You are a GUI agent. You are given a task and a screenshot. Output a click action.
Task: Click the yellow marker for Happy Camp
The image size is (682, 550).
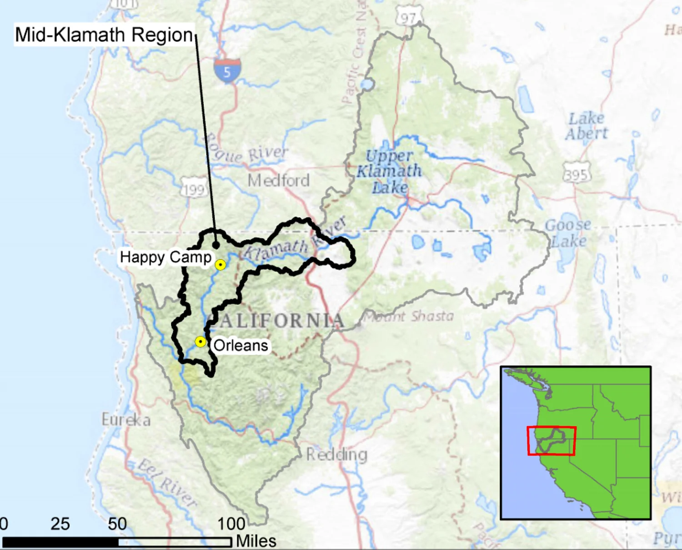(220, 265)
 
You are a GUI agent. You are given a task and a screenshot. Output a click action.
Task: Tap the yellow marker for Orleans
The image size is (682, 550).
(200, 342)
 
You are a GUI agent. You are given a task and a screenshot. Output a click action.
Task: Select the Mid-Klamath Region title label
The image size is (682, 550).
(104, 35)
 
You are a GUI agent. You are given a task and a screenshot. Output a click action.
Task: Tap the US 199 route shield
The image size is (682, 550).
(194, 189)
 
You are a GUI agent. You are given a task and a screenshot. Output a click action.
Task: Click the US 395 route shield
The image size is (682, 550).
(577, 174)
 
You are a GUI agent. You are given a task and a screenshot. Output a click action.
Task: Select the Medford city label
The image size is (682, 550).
(279, 181)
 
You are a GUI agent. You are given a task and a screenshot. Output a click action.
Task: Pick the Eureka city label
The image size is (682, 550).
(126, 420)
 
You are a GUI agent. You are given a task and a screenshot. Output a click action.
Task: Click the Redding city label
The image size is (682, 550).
(336, 454)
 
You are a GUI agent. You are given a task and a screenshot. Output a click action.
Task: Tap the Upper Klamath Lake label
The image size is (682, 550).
(389, 171)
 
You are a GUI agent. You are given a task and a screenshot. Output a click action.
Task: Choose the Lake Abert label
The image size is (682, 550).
(587, 126)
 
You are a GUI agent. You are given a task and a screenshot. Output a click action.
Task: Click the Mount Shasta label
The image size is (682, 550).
(409, 316)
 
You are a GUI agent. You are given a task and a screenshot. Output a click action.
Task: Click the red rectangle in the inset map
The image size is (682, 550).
(552, 441)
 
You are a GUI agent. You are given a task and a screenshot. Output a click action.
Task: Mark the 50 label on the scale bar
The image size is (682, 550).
(117, 524)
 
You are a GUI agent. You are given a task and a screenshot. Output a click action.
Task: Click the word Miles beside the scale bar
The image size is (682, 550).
(256, 541)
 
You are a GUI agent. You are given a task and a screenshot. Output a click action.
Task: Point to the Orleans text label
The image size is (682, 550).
(241, 345)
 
